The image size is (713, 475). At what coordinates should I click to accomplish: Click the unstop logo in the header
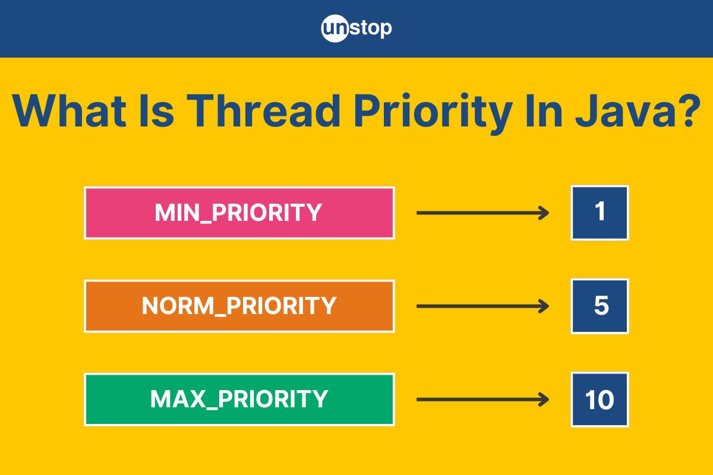tap(356, 28)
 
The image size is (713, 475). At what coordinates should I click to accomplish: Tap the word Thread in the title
tap(263, 111)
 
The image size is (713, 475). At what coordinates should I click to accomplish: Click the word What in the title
tap(69, 111)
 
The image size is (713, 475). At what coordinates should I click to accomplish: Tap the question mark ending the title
tap(690, 110)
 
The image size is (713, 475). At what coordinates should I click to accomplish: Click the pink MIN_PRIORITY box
tap(239, 213)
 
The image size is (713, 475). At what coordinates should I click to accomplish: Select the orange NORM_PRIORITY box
tap(239, 306)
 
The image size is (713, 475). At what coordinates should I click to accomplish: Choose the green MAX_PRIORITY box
tap(239, 399)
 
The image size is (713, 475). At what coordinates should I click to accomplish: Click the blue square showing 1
tap(600, 213)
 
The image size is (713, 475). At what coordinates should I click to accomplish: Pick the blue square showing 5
tap(600, 306)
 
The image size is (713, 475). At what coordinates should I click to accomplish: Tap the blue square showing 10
tap(600, 399)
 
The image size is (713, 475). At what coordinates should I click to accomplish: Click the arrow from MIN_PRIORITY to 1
tap(482, 213)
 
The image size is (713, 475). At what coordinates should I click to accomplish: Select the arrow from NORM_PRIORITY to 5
tap(482, 306)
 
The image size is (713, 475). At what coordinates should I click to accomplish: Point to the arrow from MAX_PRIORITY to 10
tap(482, 399)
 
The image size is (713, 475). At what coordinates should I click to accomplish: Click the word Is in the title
tap(157, 111)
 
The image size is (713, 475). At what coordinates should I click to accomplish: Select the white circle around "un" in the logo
tap(335, 28)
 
